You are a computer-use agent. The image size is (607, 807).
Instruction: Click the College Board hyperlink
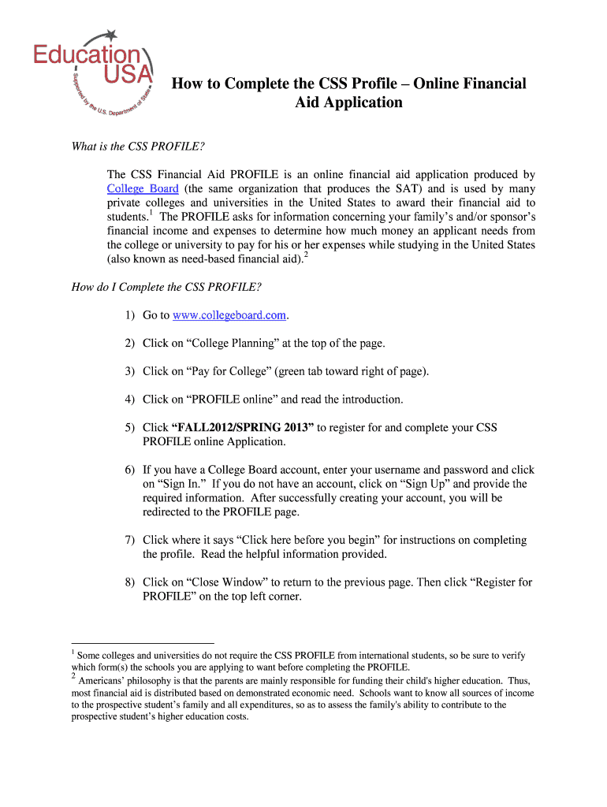pyautogui.click(x=143, y=188)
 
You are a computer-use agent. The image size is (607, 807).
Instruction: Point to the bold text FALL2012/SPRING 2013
pyautogui.click(x=243, y=427)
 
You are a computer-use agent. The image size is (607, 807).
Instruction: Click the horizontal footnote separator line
pyautogui.click(x=143, y=643)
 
